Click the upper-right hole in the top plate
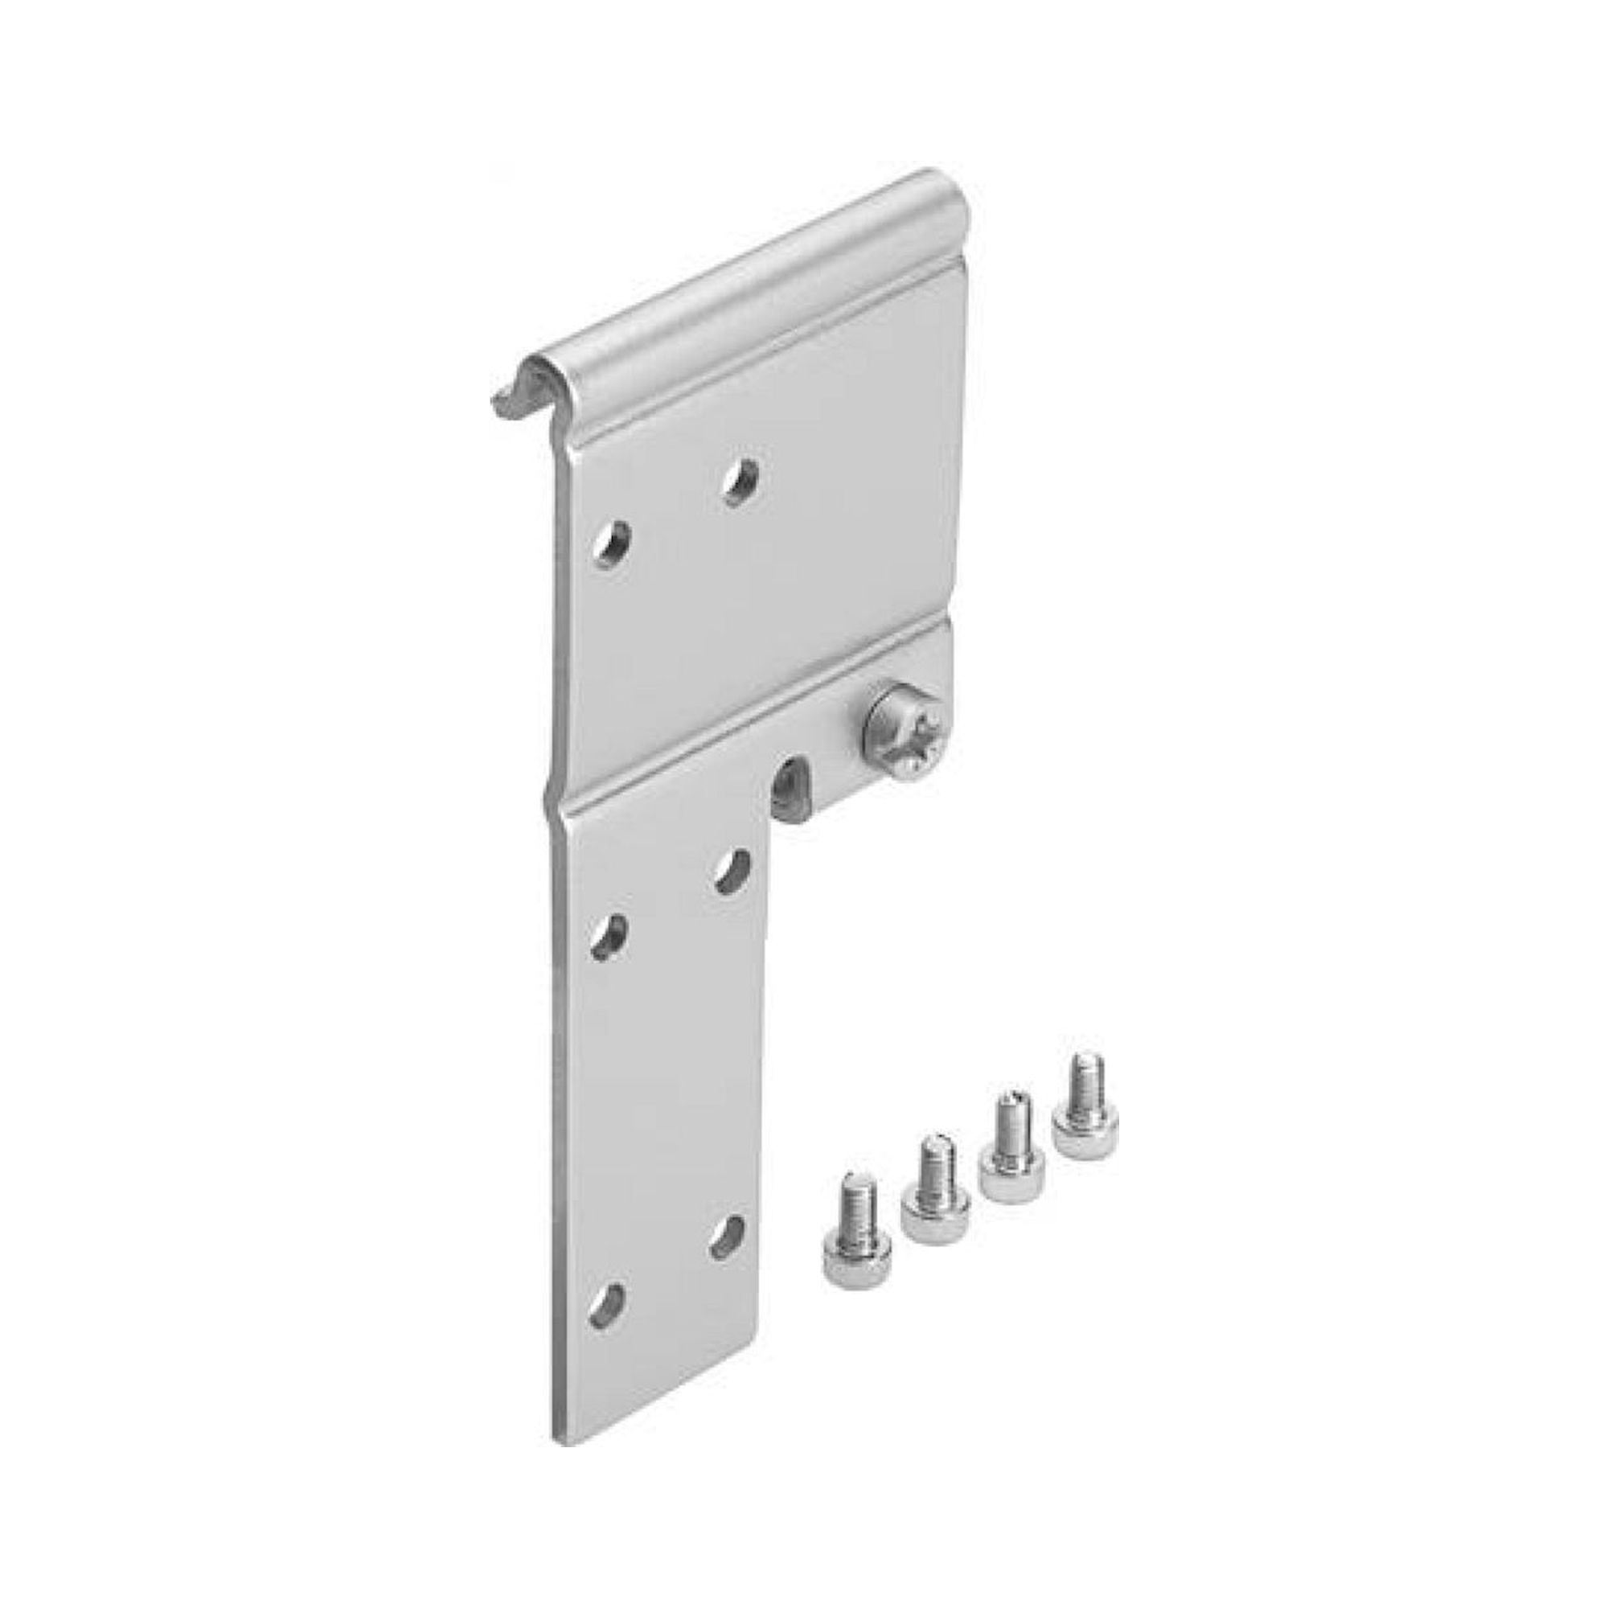click(740, 482)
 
